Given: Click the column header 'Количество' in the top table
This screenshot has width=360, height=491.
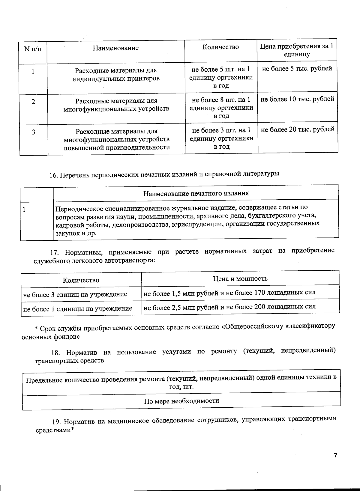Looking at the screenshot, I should [220, 47].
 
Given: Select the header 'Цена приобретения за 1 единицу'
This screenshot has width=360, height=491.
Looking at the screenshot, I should [296, 50].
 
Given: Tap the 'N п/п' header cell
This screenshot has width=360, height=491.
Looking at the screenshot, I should [33, 49].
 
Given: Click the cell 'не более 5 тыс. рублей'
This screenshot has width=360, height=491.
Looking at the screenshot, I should [297, 69].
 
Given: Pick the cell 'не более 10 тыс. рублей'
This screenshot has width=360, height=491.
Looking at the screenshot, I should [297, 99].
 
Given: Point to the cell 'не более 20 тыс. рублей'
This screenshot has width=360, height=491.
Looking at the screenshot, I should [298, 129].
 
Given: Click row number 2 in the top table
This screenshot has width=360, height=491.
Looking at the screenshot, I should [33, 102].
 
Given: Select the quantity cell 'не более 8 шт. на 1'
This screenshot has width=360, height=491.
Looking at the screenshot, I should [221, 100].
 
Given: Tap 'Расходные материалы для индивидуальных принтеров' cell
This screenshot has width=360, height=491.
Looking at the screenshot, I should [116, 75].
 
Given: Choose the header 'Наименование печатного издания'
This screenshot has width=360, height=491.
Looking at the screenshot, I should [196, 193].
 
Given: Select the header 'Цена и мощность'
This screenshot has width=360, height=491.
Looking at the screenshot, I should [240, 278].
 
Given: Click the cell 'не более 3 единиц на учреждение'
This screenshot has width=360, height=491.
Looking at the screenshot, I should [75, 294].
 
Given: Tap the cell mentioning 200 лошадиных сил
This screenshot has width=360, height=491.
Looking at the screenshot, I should [229, 307].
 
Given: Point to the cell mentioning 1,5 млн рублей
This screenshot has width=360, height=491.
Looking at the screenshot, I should [229, 293].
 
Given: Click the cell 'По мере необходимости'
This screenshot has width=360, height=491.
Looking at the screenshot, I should [181, 401].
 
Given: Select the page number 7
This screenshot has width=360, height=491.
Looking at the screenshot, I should [335, 456].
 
